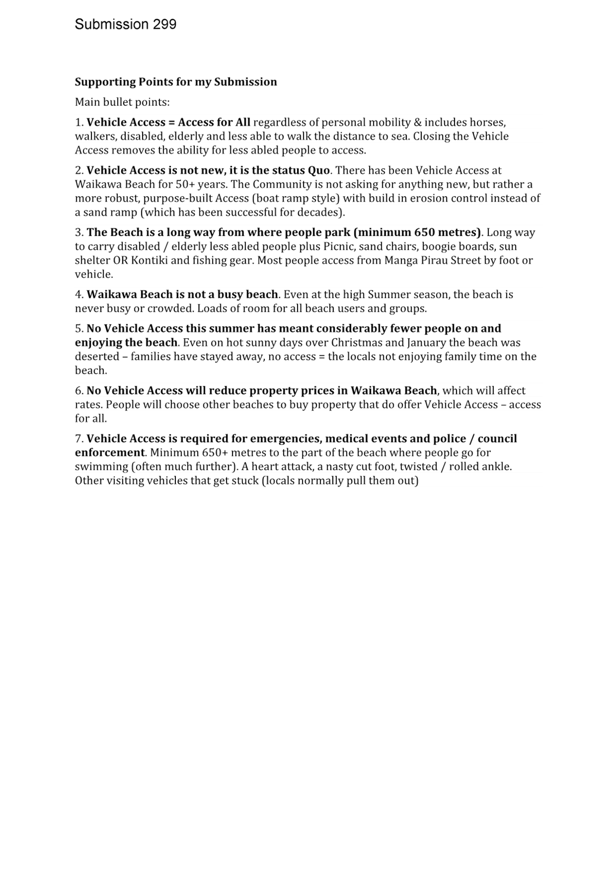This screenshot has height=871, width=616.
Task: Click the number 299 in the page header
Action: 165,24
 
